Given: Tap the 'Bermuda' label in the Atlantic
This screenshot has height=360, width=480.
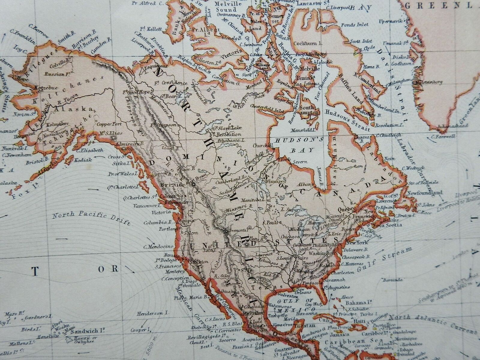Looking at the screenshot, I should point(393,280).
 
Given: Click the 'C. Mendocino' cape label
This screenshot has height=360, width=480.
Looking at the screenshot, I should point(159,247).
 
